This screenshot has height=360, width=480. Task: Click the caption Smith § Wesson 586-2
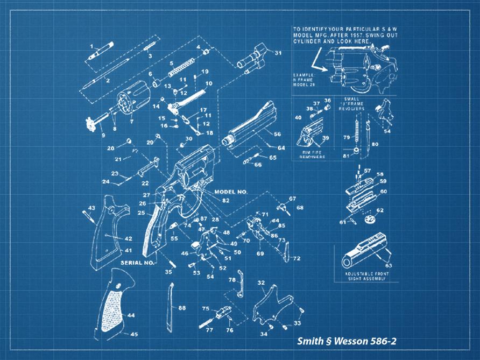347,342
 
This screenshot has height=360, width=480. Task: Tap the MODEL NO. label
230,192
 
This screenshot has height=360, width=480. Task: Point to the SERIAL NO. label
138,263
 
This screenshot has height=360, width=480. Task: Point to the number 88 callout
182,308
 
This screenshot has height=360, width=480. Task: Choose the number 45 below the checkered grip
133,334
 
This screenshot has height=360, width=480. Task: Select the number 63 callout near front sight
389,265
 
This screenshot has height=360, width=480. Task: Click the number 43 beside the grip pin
91,208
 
